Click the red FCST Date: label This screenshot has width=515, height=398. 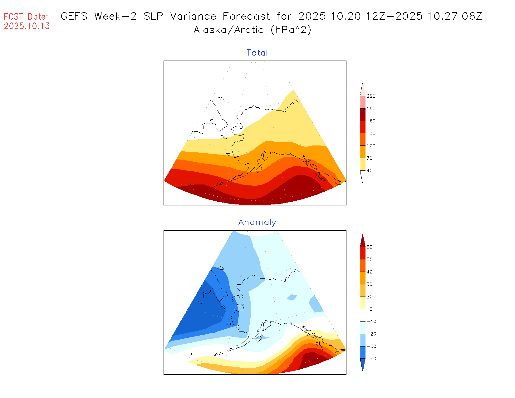(26, 17)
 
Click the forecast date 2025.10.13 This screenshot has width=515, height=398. (27, 26)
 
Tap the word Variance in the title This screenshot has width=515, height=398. (193, 16)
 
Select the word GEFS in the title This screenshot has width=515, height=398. (74, 16)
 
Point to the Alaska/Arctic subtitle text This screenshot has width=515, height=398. (228, 30)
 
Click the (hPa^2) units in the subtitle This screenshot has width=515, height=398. (291, 30)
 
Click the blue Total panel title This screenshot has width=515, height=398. (257, 53)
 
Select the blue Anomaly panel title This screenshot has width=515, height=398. (257, 222)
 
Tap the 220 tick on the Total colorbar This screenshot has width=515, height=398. (371, 96)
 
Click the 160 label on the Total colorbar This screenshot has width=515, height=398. (371, 121)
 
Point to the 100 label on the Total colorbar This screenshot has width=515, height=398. (371, 146)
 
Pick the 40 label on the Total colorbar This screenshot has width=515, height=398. (370, 171)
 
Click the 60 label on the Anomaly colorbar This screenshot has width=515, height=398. (370, 247)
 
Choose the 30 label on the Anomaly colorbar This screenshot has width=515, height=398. (370, 284)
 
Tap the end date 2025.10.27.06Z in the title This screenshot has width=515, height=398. (439, 16)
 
